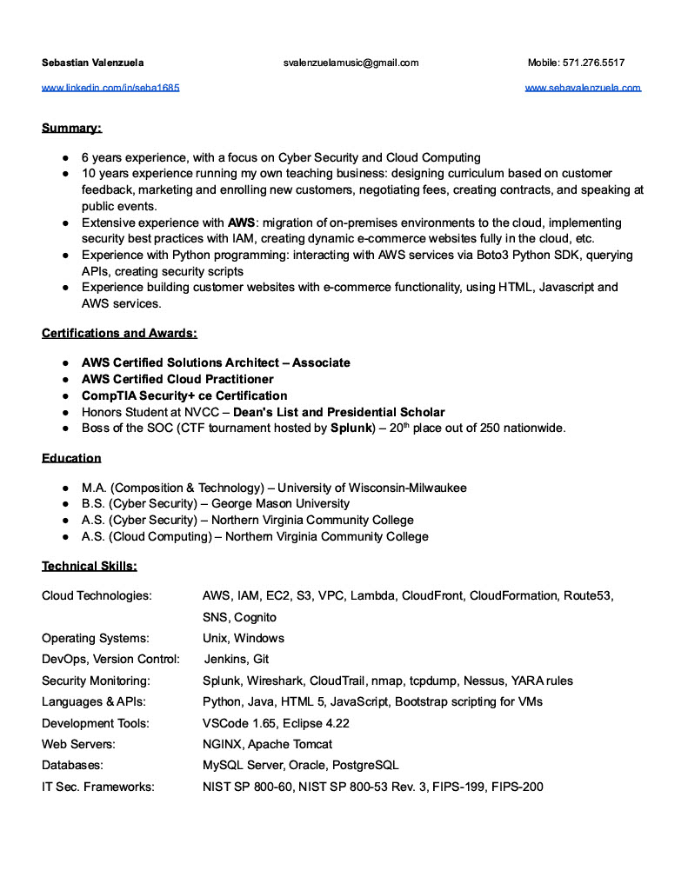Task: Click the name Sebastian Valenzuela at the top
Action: pos(93,63)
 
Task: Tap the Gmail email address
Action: pos(351,63)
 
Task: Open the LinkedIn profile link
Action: pos(110,88)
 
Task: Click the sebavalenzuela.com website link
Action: pos(583,88)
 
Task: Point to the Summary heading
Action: pos(71,129)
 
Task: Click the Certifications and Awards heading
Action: pos(119,333)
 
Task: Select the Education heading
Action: pos(71,458)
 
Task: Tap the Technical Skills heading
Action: pos(89,567)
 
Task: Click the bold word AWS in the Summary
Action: pos(242,222)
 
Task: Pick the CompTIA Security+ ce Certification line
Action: pos(184,395)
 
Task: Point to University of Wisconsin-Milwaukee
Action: pos(371,488)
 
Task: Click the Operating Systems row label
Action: pos(96,638)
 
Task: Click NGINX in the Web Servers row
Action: pos(222,744)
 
